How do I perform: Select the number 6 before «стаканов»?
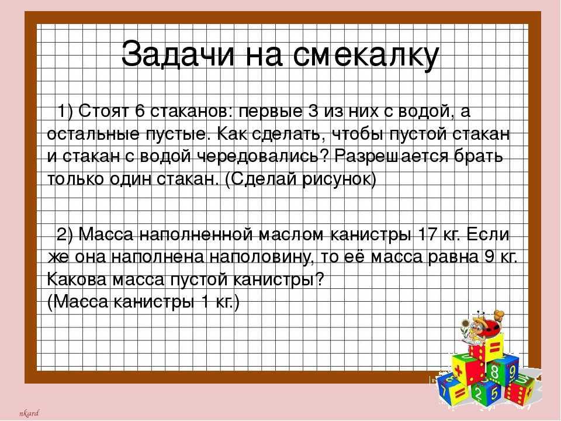point(139,111)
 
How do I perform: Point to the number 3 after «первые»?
point(313,111)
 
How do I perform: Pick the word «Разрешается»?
point(391,157)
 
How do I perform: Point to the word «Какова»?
point(77,279)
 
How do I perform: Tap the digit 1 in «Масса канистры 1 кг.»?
point(205,302)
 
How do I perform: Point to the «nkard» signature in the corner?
point(29,413)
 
